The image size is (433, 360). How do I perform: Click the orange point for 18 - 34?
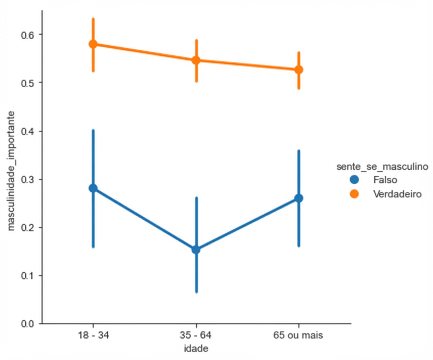point(93,44)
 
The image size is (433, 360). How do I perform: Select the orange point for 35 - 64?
point(196,60)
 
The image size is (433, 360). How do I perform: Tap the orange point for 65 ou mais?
point(299,70)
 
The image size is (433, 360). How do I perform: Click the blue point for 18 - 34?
point(93,188)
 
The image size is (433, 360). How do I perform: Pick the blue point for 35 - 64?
point(196,250)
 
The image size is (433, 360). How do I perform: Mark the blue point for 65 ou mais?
point(299,198)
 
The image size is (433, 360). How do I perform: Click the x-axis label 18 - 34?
point(93,336)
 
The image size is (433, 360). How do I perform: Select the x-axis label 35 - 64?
point(196,336)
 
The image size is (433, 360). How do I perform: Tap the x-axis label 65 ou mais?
point(298,336)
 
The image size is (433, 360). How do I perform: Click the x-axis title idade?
point(196,349)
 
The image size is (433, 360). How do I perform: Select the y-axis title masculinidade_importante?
point(12,170)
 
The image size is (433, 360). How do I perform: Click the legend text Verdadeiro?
point(398,194)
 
